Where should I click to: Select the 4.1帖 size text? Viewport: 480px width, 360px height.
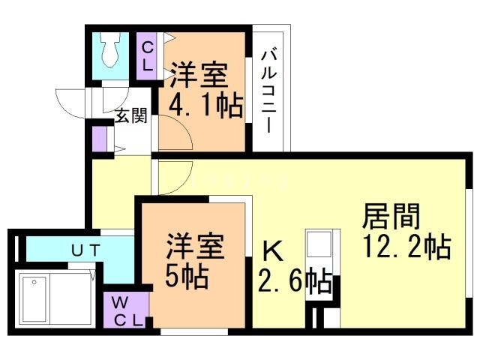click(205, 106)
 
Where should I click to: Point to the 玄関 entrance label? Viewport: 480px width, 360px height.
click(130, 116)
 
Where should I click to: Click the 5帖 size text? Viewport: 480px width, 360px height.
click(187, 277)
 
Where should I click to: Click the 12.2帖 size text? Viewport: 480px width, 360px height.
click(405, 246)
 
